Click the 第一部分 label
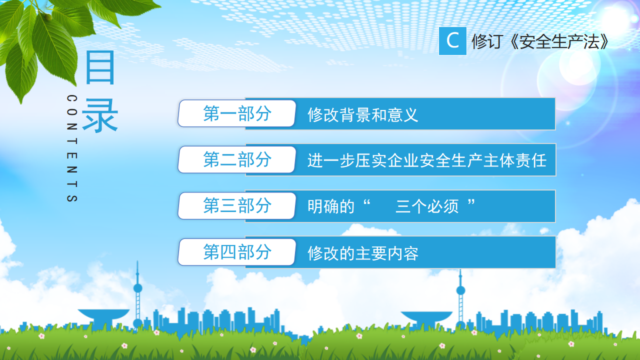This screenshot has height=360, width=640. (x=237, y=113)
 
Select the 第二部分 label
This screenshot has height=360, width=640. (x=237, y=159)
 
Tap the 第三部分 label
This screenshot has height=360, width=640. (x=237, y=205)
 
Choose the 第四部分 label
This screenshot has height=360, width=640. (x=237, y=252)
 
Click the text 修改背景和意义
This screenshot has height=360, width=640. (x=363, y=115)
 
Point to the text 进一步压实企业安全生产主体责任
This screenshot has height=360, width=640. (x=427, y=160)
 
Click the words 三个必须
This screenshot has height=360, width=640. (x=427, y=206)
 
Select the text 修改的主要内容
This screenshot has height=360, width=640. (x=363, y=253)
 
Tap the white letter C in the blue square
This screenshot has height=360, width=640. (x=452, y=40)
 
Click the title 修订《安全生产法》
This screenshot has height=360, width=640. (x=540, y=41)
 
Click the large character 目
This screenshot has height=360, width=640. (x=100, y=67)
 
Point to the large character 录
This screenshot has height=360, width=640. (x=100, y=115)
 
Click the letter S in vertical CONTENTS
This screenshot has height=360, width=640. (x=72, y=198)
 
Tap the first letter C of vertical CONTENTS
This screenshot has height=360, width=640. (x=72, y=98)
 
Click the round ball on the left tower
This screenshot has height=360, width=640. (x=137, y=288)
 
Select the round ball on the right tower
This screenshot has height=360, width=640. (x=460, y=290)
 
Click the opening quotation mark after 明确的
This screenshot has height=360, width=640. (x=366, y=202)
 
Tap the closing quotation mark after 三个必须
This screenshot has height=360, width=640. (x=471, y=202)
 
